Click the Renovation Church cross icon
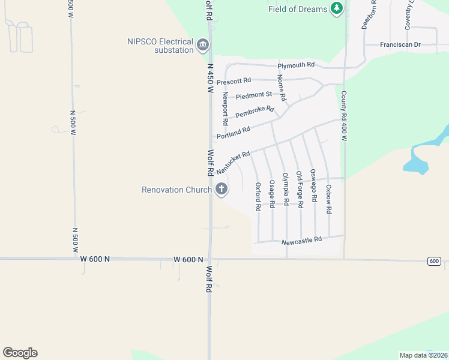221,190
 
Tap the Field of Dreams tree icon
337,8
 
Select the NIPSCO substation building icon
203,46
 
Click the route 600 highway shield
435,260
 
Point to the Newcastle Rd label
302,239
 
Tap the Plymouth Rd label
296,65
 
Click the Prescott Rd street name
234,81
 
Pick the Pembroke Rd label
255,112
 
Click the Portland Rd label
234,133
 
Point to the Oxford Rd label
258,197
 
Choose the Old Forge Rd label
300,190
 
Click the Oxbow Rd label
329,199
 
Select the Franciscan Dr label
401,44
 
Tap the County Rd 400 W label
344,115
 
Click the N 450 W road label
210,78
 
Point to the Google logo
20,353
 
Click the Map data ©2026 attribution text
423,355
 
